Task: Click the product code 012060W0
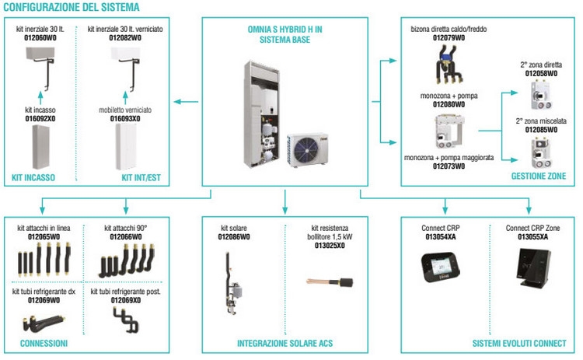[40, 38]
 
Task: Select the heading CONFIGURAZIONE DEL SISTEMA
[72, 7]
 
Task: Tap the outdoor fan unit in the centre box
[307, 149]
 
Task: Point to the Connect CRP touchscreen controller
[441, 267]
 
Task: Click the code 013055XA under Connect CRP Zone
[532, 237]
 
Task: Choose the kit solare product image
[232, 283]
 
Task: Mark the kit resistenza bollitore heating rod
[330, 282]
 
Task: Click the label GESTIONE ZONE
[539, 177]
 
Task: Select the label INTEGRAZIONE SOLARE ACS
[285, 343]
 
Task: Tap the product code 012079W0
[449, 38]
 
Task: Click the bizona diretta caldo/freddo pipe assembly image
[449, 64]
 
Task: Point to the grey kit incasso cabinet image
[40, 147]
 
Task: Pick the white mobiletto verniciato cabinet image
[126, 147]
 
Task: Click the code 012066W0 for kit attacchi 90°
[126, 237]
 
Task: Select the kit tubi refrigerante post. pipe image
[126, 320]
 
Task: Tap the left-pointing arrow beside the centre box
[186, 102]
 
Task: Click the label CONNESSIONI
[44, 343]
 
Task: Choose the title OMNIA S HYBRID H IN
[285, 30]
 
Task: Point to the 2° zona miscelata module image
[540, 153]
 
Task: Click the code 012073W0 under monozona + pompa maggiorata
[449, 166]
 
